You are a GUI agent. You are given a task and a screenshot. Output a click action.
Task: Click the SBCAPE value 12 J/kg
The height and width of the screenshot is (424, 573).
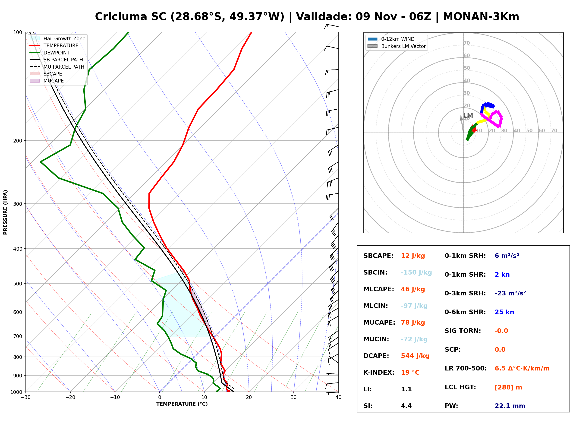coord(413,256)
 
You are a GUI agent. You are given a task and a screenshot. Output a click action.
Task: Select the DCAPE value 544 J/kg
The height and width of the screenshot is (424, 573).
coord(415,356)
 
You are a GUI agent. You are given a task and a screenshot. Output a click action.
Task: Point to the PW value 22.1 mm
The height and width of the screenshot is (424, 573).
coord(510,406)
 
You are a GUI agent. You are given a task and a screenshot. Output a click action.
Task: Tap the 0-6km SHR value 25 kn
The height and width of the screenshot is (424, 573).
coord(504,312)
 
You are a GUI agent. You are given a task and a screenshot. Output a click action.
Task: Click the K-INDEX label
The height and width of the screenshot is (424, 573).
coord(379,373)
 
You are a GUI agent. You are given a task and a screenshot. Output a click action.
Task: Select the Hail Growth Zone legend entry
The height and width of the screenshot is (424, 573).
coord(57,38)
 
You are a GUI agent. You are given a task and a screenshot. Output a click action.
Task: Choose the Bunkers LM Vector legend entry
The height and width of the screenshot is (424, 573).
coord(397,46)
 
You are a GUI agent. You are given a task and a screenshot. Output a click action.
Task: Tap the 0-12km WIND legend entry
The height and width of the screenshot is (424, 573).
coord(391,39)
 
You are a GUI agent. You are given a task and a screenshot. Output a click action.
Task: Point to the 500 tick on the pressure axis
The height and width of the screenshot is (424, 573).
coord(18,284)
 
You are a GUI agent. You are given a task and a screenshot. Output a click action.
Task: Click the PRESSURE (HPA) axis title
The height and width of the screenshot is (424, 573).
coord(5,212)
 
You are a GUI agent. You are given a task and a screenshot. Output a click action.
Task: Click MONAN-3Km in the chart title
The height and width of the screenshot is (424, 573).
coord(481,17)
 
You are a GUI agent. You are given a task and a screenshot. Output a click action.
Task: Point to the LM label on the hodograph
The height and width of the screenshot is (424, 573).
coord(468,116)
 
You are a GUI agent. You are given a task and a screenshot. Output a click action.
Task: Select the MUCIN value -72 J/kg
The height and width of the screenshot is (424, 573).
coord(414,339)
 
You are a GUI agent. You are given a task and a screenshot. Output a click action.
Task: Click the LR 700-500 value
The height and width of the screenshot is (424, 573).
coord(522,369)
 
